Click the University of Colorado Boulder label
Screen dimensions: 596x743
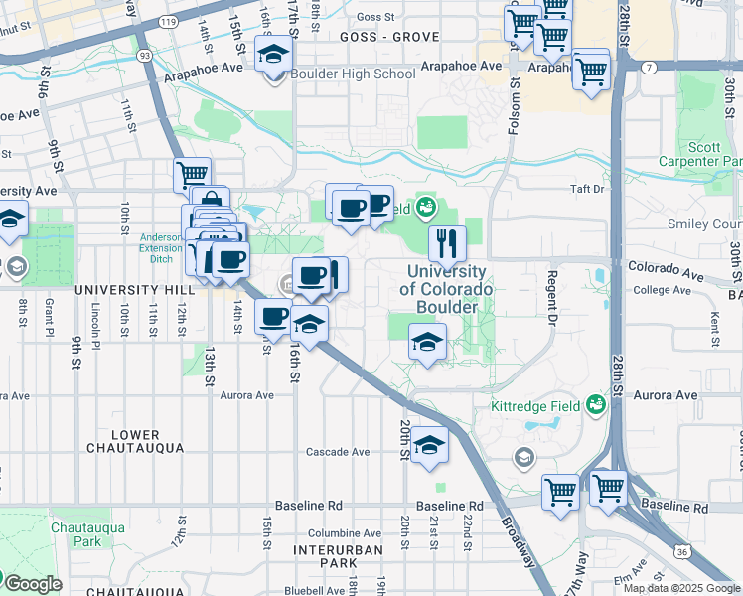[x=446, y=289]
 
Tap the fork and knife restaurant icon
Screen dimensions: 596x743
[x=447, y=242]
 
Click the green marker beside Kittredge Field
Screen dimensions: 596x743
[x=596, y=404]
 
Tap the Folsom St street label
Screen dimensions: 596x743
[x=515, y=99]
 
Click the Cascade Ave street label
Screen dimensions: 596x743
[x=338, y=452]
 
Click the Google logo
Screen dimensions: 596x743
[x=32, y=584]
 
